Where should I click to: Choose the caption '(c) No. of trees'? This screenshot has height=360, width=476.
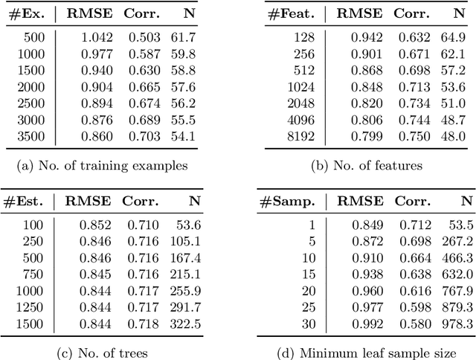pyautogui.click(x=103, y=353)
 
